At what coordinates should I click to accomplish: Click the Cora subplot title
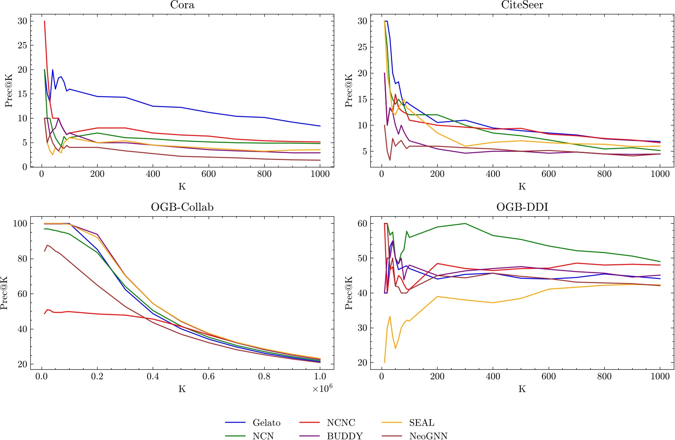point(182,5)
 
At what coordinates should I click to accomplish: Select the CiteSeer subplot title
point(522,5)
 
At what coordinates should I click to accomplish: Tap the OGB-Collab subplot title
point(182,207)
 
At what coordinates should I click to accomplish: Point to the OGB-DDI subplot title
point(522,207)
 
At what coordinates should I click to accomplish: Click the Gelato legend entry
point(266,423)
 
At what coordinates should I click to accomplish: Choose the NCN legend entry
point(263,436)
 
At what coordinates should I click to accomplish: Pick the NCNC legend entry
point(341,423)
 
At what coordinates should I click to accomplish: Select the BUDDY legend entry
point(345,436)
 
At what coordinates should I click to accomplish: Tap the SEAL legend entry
point(422,423)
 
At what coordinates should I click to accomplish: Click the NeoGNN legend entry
point(428,436)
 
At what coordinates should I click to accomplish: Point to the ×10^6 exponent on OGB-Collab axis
point(323,388)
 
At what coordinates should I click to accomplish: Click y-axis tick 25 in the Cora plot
point(23,45)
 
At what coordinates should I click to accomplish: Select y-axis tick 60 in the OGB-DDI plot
point(362,223)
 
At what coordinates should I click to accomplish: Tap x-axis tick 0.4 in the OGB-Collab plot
point(153,376)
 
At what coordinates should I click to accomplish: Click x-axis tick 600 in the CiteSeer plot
point(549,174)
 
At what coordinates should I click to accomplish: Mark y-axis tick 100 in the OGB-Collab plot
point(20,223)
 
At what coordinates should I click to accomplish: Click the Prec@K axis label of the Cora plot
point(9,90)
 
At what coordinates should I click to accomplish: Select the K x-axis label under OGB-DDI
point(522,389)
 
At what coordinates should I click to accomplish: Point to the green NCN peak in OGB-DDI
point(465,223)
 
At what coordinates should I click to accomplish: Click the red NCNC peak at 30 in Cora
point(44,21)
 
